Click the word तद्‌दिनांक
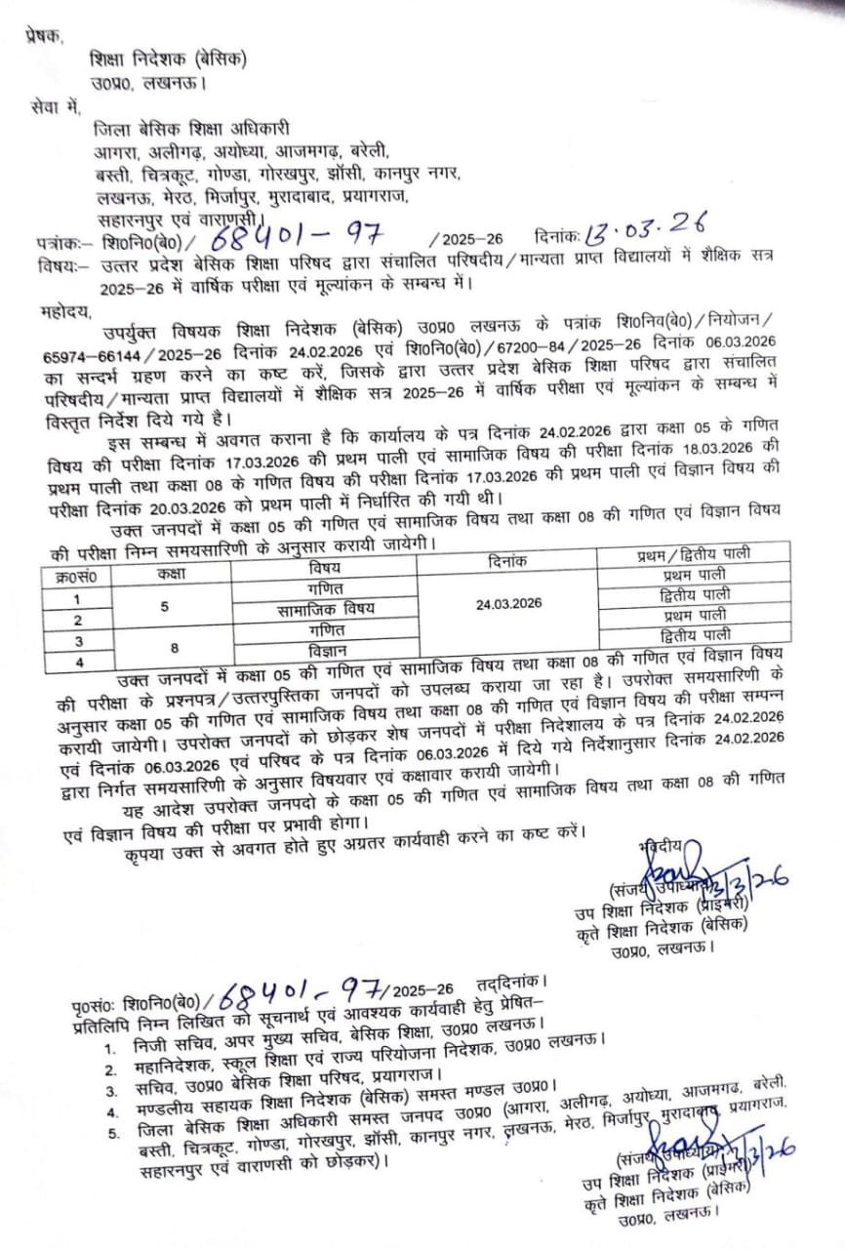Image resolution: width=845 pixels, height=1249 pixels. pyautogui.click(x=514, y=983)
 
